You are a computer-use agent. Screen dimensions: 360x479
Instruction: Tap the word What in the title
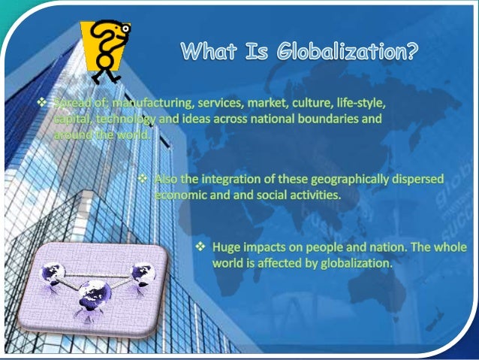207,53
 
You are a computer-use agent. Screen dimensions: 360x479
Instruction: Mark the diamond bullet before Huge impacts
201,247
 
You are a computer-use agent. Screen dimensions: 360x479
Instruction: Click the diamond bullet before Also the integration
143,180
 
